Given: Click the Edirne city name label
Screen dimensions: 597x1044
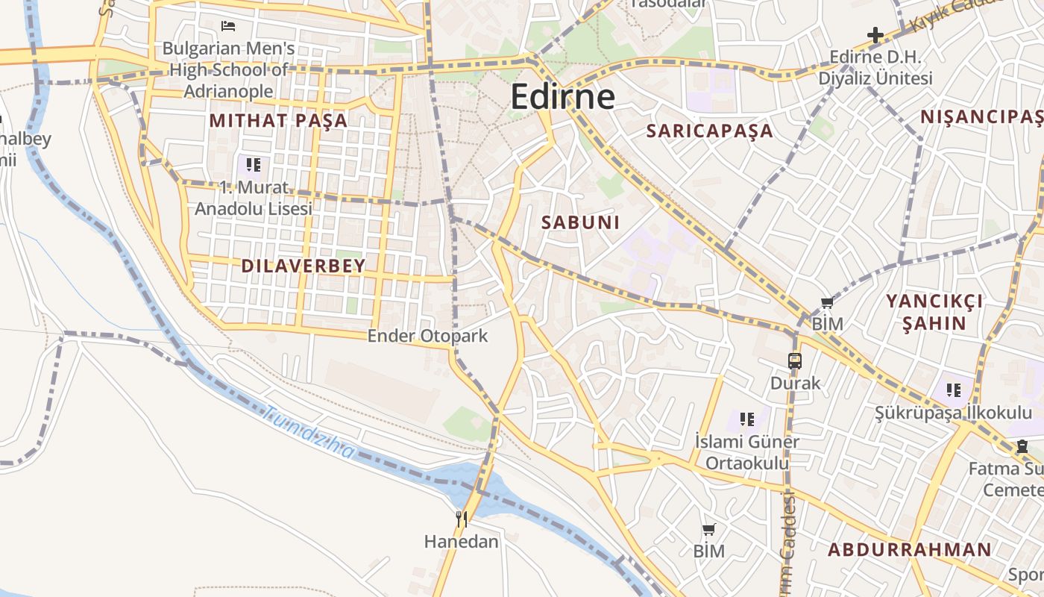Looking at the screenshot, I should pos(563,97).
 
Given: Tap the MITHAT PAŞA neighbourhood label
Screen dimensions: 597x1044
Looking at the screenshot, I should pos(278,120).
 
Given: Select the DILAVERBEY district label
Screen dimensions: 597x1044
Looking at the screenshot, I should pos(304,266).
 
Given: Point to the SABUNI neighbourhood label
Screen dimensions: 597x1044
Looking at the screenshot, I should pos(580,222).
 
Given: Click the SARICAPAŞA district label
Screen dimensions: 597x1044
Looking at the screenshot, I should pos(709,131).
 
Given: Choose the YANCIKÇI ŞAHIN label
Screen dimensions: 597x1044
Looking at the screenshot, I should pos(934,312).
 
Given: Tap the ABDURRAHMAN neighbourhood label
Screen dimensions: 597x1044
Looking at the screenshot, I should pos(910,550).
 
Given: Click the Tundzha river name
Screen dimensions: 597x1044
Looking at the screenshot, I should pos(309,432).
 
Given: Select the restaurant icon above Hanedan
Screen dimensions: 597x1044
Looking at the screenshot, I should pos(462,519).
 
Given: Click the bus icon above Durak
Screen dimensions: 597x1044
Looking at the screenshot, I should pos(795,361).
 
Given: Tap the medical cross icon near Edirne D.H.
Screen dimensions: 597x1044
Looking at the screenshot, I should pos(875,34).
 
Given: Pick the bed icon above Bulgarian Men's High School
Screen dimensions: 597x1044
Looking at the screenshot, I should pos(228,26).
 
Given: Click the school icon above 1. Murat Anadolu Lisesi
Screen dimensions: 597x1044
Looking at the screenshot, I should pos(254,164).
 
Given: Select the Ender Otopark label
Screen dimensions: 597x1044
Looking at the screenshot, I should pos(427,336).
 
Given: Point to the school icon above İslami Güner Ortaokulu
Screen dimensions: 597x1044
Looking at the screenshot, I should pos(747,419).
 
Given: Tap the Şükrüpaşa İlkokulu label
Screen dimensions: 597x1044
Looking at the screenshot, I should pos(953,413).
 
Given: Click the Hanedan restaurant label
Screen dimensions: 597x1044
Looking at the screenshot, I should pos(461,541).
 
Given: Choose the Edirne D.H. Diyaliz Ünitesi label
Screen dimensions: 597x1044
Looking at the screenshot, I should pos(875,67).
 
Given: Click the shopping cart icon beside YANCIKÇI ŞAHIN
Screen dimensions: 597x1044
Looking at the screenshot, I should pos(827,302).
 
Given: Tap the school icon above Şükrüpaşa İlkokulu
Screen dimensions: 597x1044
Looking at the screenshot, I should pos(954,390).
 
